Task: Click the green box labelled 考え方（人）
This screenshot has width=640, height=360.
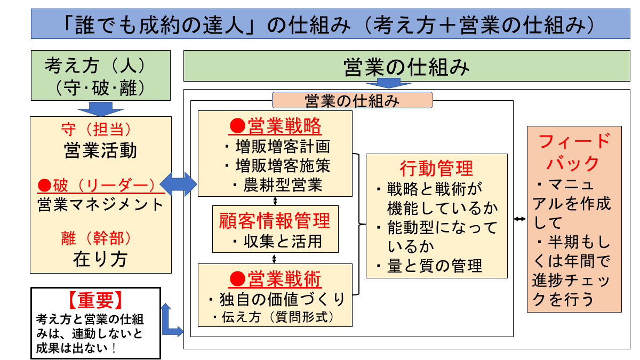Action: (101, 75)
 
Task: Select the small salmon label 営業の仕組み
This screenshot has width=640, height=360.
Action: (352, 100)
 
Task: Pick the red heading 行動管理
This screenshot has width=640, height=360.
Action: (436, 168)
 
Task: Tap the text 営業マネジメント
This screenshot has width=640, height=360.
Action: (100, 204)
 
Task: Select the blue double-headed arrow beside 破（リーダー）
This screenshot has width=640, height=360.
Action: (179, 184)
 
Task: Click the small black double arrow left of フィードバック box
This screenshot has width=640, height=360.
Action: (520, 219)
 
